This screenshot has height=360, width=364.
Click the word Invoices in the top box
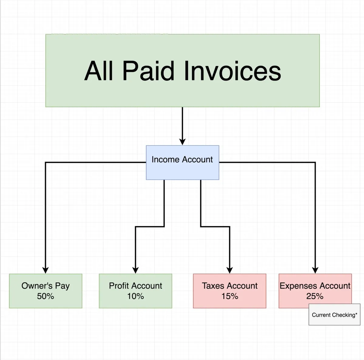[232, 71]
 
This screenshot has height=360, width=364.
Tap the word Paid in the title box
[148, 71]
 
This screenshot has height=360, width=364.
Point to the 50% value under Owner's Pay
[45, 296]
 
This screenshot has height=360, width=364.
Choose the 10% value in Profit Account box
[135, 296]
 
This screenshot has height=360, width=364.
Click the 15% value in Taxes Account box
[230, 296]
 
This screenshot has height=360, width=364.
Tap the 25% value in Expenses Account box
[315, 296]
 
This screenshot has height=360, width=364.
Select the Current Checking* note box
[334, 315]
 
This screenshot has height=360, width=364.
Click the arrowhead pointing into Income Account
[182, 142]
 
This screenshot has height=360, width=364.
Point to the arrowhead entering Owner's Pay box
[45, 270]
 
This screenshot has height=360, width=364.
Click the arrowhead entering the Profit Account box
[136, 270]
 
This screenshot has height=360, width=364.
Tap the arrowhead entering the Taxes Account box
[230, 270]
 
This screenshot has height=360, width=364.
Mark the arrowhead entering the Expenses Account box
[315, 270]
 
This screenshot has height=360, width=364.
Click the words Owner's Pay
[45, 286]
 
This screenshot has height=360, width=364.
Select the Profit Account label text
[135, 286]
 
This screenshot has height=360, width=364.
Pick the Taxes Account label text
[230, 286]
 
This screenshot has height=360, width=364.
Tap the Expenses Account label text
[315, 286]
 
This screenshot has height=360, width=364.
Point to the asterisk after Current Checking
[356, 314]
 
